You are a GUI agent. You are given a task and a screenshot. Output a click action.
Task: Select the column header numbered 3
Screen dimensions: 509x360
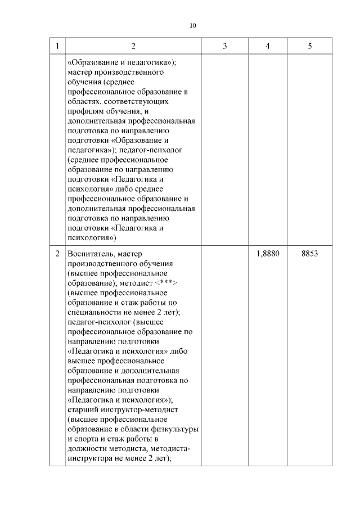click(x=224, y=46)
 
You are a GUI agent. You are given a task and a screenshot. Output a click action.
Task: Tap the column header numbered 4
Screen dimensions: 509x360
click(x=267, y=46)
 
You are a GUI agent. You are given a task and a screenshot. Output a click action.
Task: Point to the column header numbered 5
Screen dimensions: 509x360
click(x=310, y=46)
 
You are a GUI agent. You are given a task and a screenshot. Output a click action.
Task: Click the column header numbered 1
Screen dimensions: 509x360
click(x=57, y=46)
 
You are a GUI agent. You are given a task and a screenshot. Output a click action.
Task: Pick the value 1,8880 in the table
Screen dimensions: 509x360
click(x=267, y=254)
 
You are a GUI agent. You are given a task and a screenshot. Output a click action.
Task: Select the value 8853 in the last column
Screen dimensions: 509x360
click(x=310, y=254)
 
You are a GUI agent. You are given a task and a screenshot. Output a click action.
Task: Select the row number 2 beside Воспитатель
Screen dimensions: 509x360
click(x=57, y=254)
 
